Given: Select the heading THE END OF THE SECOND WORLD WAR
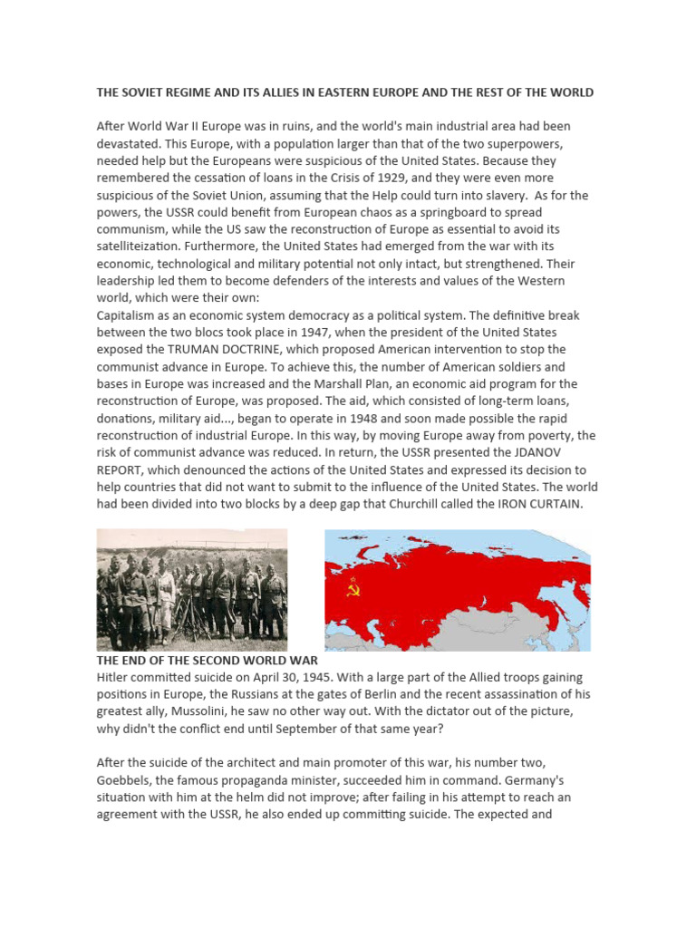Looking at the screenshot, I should [208, 660].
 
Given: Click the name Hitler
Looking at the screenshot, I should [115, 677].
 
